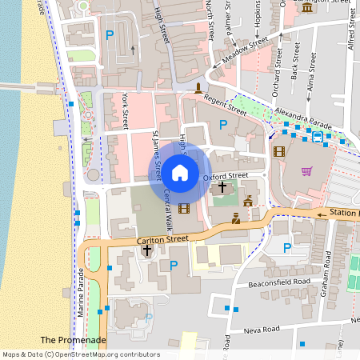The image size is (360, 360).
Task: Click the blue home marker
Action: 180,172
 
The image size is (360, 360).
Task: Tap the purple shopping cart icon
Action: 306,170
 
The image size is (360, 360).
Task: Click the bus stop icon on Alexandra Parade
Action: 318,137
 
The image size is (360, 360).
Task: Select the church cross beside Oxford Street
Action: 222,186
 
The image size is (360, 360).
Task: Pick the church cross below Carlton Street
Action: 146,250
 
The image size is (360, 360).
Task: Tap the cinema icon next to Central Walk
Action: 185,209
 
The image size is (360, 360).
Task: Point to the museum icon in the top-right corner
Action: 308,7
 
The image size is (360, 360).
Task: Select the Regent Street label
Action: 226,103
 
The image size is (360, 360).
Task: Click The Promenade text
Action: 73,340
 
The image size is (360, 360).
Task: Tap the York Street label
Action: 126,110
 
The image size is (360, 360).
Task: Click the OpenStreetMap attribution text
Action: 80,354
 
